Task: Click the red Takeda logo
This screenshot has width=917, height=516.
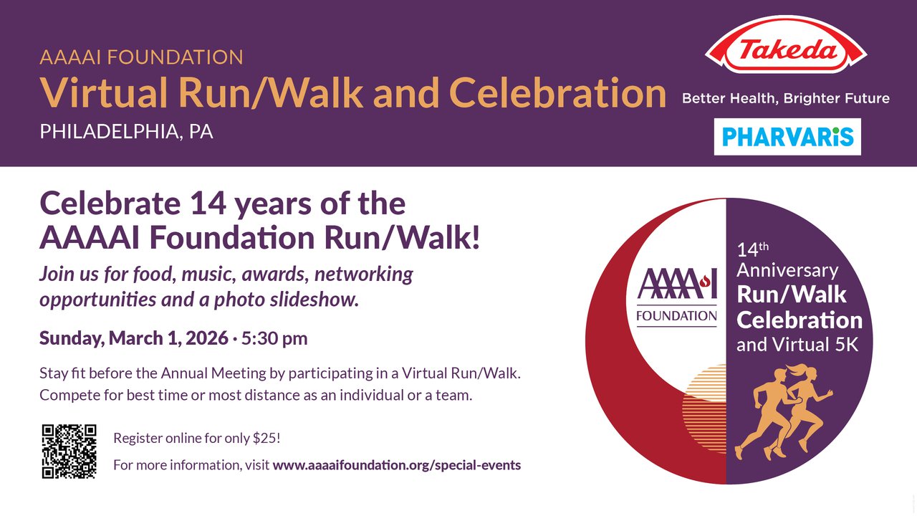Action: [786, 45]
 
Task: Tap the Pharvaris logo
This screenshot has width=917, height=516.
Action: [787, 137]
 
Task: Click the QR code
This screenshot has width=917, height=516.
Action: [69, 451]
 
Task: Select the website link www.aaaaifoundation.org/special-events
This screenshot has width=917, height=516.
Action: [397, 465]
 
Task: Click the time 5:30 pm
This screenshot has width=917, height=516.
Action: [274, 338]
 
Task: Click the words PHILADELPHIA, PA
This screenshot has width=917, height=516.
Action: [127, 132]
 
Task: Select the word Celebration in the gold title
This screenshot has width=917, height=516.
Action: [558, 92]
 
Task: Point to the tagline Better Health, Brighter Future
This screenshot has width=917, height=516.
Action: [786, 99]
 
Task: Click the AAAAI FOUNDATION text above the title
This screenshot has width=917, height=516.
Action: [142, 57]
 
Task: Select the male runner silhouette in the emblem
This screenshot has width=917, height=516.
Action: [764, 414]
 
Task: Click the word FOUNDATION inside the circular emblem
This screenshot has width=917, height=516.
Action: [677, 316]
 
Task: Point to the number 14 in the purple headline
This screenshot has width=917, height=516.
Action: [208, 204]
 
